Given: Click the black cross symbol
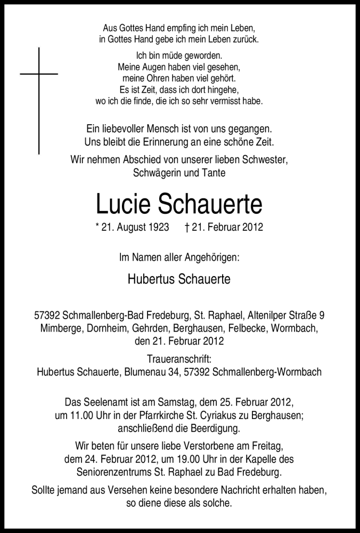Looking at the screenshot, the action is (39, 80).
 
